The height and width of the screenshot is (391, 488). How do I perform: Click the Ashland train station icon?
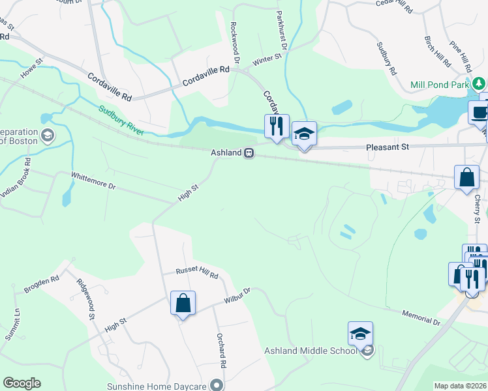pyautogui.click(x=249, y=153)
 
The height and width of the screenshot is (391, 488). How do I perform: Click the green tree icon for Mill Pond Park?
pyautogui.click(x=479, y=83)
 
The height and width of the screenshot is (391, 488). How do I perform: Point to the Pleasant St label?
pyautogui.click(x=388, y=147)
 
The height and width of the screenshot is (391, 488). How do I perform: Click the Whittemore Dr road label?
pyautogui.click(x=93, y=181)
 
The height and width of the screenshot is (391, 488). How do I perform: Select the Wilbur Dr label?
pyautogui.click(x=237, y=295)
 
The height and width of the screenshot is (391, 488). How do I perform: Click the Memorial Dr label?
pyautogui.click(x=421, y=317)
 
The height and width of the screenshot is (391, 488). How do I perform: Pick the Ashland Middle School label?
pyautogui.click(x=311, y=351)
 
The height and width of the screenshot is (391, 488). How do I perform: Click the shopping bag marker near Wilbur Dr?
pyautogui.click(x=183, y=303)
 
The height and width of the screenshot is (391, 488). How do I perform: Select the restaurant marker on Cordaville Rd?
pyautogui.click(x=277, y=126)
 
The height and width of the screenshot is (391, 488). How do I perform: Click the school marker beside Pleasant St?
pyautogui.click(x=303, y=134)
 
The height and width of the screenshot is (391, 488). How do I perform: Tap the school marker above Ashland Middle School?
pyautogui.click(x=360, y=334)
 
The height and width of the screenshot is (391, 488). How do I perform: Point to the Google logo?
pyautogui.click(x=22, y=383)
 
